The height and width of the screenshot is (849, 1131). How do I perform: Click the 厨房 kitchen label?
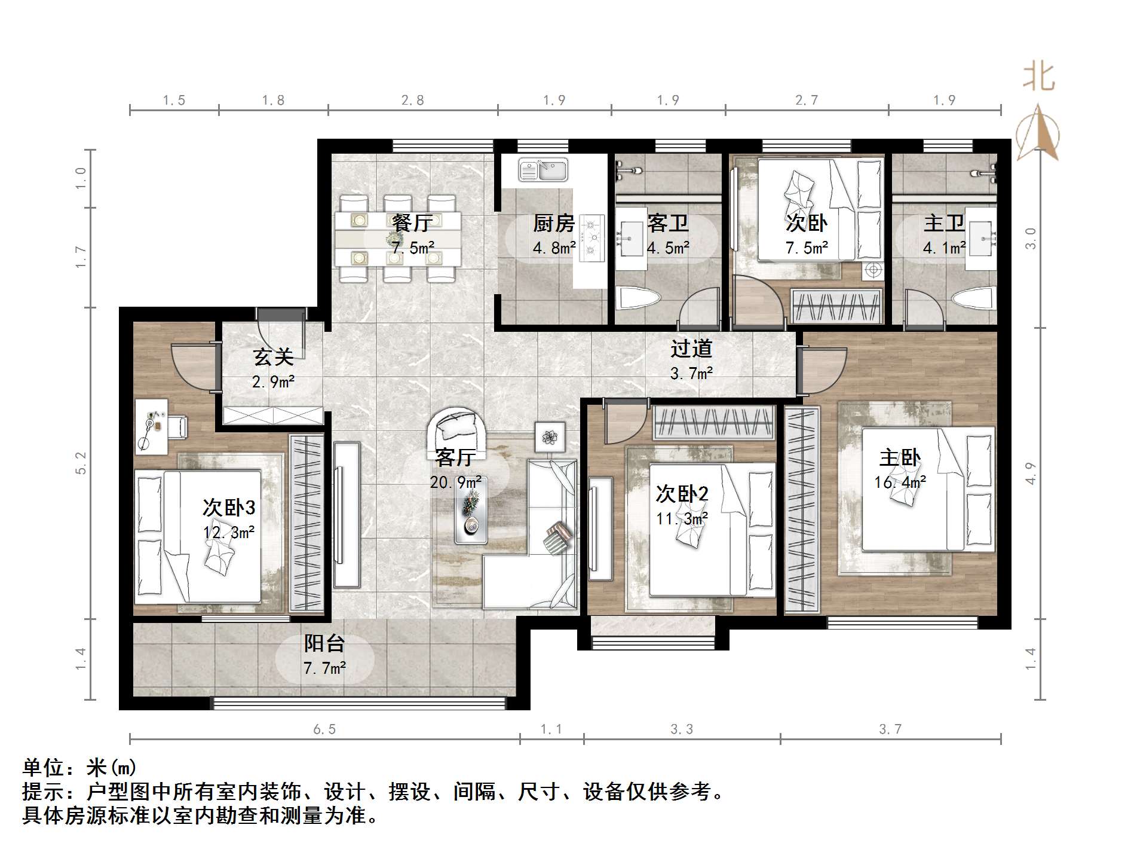(x=554, y=224)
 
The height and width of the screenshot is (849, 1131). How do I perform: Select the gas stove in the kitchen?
(x=592, y=238)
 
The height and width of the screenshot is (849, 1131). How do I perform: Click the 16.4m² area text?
(x=900, y=482)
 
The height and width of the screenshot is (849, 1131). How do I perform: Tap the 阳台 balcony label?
(x=324, y=644)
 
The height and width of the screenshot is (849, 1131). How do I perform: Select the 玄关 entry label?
(x=273, y=358)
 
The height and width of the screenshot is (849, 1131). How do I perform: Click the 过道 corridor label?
(x=691, y=349)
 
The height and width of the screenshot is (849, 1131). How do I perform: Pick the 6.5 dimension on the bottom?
(x=324, y=729)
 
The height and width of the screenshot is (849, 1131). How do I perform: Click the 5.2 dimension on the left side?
(x=81, y=463)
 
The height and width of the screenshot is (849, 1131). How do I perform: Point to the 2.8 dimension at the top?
(x=412, y=100)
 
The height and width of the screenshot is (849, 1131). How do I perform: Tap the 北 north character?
(x=1039, y=78)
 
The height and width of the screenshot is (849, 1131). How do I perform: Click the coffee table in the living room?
(x=471, y=509)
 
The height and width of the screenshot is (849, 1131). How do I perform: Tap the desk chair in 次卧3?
(x=177, y=426)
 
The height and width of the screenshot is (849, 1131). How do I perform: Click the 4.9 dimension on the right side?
(x=1030, y=474)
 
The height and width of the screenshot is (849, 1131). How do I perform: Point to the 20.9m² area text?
(x=456, y=482)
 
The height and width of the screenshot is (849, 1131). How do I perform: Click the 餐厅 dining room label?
(x=412, y=224)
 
